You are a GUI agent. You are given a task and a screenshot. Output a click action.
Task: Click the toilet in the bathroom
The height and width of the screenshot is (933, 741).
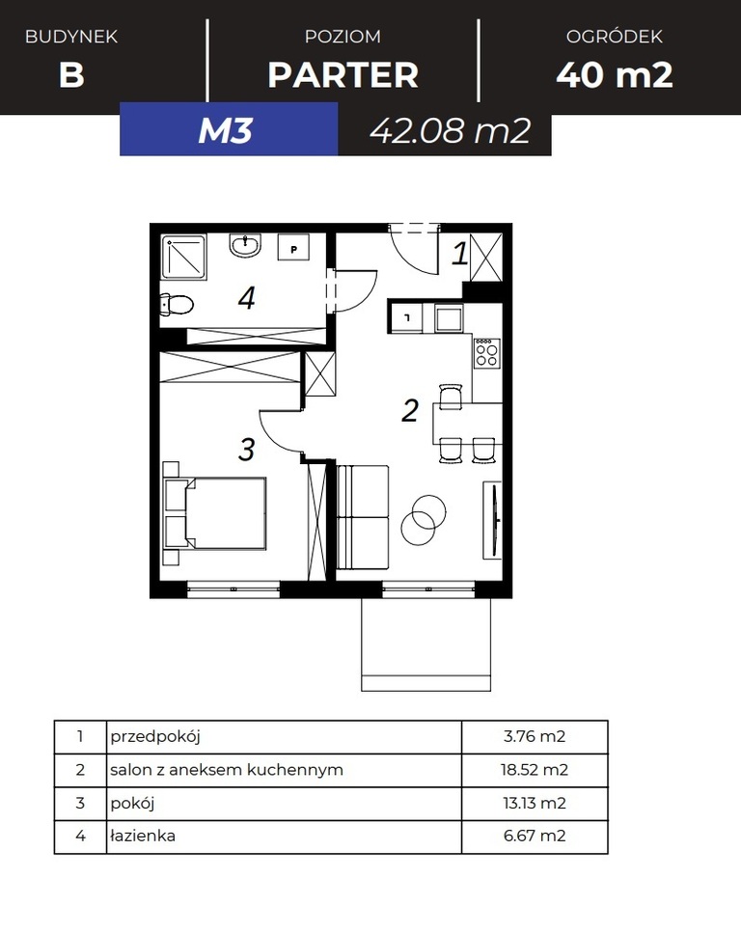(x=177, y=305)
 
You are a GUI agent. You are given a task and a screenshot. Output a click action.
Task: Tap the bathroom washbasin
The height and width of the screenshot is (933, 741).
(x=245, y=246)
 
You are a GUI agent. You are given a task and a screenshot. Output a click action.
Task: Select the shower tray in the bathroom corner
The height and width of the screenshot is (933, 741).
(x=184, y=257)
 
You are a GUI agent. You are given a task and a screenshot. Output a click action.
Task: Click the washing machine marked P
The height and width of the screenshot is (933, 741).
(x=293, y=247)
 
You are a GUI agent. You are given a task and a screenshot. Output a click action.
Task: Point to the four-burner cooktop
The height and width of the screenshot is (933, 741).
(x=486, y=353)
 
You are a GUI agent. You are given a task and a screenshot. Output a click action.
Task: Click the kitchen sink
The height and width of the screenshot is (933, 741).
(x=449, y=317)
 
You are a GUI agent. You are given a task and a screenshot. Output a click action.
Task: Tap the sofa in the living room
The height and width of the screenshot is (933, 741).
(x=362, y=517)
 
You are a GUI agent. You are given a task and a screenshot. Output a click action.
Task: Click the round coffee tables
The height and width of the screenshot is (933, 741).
(x=424, y=518)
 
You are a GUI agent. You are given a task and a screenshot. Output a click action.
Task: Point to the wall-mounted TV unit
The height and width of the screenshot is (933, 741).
(x=492, y=520)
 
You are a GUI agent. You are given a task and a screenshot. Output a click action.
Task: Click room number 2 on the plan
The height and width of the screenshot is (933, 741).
(x=410, y=411)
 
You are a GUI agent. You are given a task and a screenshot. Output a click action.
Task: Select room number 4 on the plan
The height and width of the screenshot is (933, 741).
(x=246, y=297)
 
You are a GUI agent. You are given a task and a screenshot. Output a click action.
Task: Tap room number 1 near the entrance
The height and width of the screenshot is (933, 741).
(x=459, y=253)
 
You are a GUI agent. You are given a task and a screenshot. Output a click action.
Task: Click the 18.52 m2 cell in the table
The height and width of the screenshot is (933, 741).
(x=535, y=770)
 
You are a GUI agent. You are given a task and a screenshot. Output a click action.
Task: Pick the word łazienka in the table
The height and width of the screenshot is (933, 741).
(x=143, y=836)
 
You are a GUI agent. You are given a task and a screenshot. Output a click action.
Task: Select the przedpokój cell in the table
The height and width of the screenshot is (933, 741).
(x=284, y=736)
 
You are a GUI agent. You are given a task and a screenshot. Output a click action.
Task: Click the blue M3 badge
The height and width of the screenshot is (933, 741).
(x=229, y=129)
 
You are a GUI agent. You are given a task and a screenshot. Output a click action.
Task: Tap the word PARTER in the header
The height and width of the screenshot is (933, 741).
(x=343, y=75)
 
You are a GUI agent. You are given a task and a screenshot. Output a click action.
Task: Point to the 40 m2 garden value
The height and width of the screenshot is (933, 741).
(x=615, y=75)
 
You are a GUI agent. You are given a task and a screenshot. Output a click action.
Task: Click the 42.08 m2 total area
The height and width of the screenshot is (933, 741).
(x=450, y=130)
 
